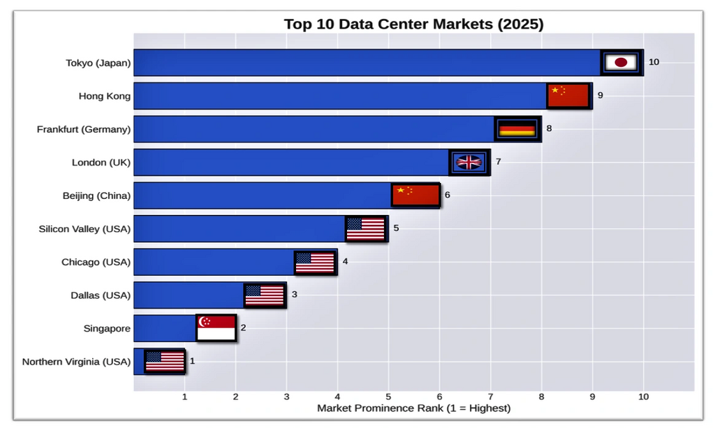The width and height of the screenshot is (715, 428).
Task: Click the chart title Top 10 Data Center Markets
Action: pos(413,24)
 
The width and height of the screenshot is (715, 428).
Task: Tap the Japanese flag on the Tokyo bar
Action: pos(621,62)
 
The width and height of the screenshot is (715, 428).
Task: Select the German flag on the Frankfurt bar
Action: pos(517,128)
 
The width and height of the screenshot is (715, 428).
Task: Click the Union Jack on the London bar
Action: pos(469,162)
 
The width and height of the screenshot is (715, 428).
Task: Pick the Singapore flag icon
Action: pos(216,327)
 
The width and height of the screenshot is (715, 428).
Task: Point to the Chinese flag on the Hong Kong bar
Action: pos(568,96)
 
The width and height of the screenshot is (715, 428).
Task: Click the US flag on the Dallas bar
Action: pos(265,295)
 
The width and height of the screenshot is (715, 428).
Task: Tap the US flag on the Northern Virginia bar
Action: pos(165,361)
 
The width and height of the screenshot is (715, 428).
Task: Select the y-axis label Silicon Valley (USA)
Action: pos(84,228)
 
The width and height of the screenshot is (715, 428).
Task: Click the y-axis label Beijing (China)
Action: pos(96,195)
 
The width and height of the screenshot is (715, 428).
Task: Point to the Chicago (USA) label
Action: pos(96,262)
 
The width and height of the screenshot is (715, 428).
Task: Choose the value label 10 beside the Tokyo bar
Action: pos(654,62)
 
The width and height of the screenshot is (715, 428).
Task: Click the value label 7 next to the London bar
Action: pos(498,162)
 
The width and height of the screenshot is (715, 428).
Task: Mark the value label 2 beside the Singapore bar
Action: pos(243,327)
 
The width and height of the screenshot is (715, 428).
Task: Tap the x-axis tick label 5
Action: pos(388,397)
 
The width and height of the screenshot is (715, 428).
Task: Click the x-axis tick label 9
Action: pos(592,397)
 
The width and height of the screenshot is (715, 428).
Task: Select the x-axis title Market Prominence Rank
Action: pos(413,408)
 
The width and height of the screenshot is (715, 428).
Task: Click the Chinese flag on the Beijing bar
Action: pos(415,195)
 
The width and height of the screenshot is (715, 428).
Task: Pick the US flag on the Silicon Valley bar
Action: pos(366,228)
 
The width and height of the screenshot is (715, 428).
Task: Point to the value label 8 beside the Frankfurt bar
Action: pos(549,128)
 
